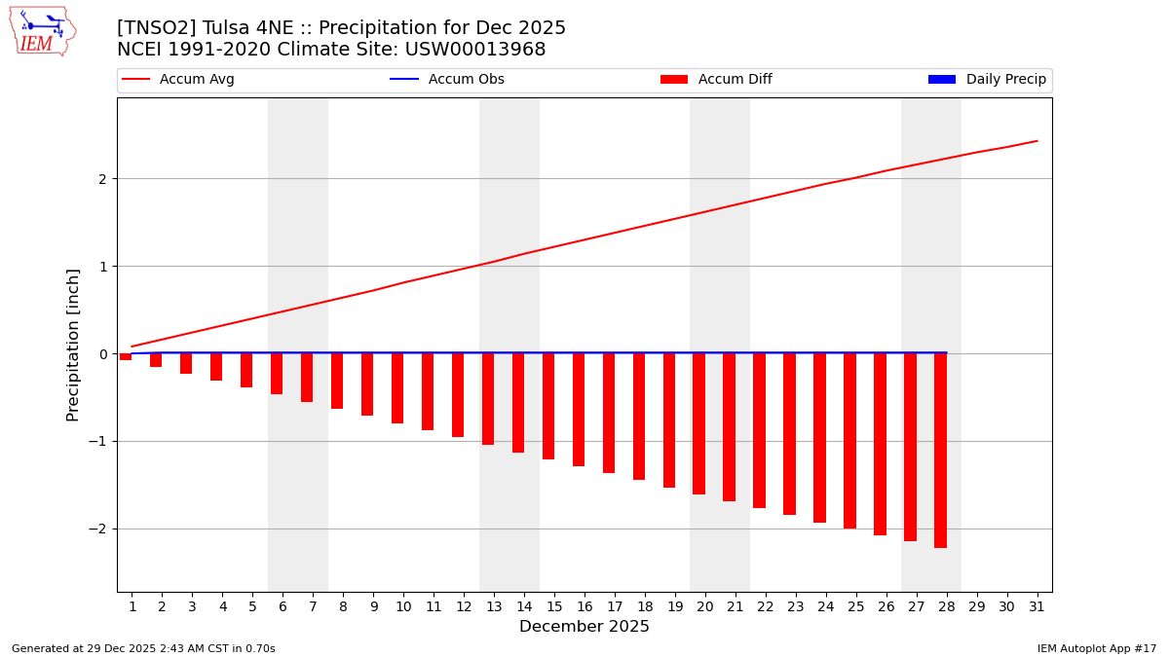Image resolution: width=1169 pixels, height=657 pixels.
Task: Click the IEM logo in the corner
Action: tap(43, 31)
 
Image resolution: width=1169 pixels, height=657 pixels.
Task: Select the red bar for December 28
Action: tap(940, 450)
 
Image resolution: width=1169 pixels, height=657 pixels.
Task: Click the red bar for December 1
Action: tap(126, 357)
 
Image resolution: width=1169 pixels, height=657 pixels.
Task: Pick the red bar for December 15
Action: tap(548, 406)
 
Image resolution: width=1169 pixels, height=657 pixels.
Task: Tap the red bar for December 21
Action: tap(729, 427)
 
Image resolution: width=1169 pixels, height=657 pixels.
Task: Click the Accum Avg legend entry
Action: tap(178, 80)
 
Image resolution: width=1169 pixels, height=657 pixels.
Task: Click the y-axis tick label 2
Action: tap(101, 179)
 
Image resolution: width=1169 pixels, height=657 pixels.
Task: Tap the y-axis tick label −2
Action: tap(97, 529)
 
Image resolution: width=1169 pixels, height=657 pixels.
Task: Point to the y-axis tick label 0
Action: tap(101, 354)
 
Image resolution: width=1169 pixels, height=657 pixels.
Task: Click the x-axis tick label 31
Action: tap(1037, 606)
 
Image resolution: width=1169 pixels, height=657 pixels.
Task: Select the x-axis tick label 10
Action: tap(403, 606)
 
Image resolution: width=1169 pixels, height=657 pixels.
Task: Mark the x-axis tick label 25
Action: tap(855, 606)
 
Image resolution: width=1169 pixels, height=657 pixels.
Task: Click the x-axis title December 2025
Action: tap(584, 627)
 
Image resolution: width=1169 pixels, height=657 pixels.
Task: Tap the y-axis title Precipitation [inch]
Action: tap(73, 345)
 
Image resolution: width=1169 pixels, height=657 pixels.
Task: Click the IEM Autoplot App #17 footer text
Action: tap(1097, 648)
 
